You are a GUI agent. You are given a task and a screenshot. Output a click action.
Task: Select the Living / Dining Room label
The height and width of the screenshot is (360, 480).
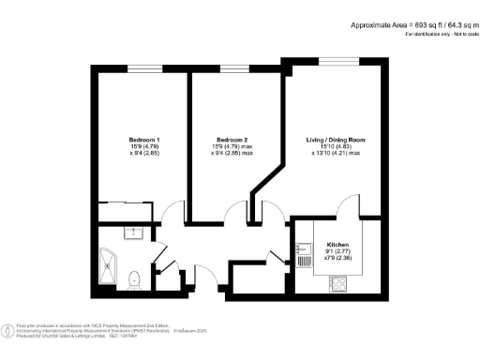336,140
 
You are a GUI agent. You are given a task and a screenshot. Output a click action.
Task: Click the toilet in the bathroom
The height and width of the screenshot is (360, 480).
134,277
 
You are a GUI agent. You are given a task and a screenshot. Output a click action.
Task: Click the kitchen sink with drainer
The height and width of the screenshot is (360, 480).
302,250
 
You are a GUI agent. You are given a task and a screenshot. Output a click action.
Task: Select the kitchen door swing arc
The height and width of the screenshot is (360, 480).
348,205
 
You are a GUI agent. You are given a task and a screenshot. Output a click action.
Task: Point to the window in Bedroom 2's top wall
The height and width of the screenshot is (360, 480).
233,67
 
